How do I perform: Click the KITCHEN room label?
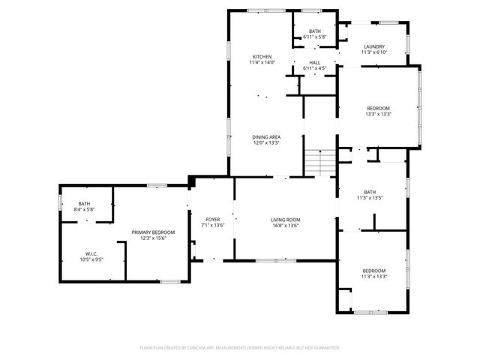pos(262,57)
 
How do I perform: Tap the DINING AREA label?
pos(265,136)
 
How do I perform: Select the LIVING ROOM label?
pos(285,220)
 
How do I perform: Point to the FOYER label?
pos(213,220)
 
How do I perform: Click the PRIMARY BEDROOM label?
pos(153,232)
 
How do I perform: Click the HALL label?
pos(314,63)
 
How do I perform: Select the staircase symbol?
pos(320,161)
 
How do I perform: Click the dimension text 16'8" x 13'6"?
pos(285,226)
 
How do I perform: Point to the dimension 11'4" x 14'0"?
pos(262,63)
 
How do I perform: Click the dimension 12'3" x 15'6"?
pos(153,238)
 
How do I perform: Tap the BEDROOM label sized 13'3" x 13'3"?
pos(378,109)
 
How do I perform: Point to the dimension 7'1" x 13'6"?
pos(213,226)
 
